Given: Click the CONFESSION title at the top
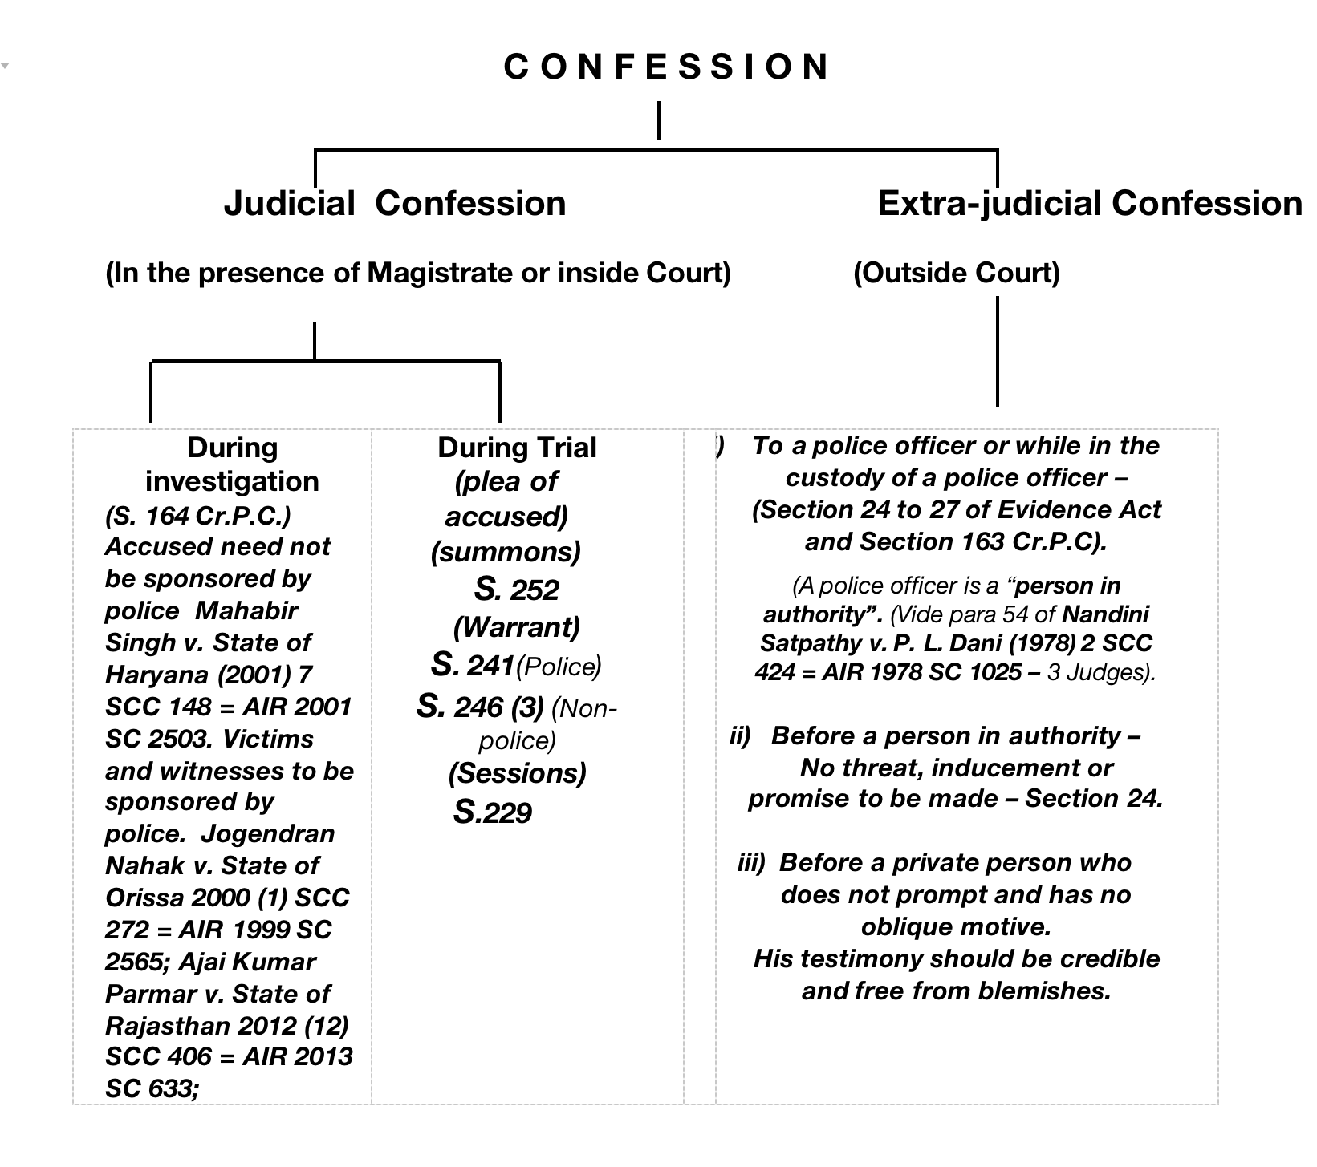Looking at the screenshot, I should click(666, 67).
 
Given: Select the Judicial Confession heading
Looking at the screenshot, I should click(394, 203).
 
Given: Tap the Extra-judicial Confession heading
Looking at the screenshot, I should click(1089, 203).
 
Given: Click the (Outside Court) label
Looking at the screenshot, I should click(956, 273).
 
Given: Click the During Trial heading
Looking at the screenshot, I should click(517, 448).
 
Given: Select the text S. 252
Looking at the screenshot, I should click(516, 590).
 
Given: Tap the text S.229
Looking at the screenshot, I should click(492, 812).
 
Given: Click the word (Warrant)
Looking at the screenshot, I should click(516, 627).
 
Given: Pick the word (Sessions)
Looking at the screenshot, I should click(517, 773).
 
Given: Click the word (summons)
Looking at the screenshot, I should click(506, 552).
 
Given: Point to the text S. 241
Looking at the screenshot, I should click(472, 665).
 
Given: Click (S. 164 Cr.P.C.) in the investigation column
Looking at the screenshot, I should click(197, 515).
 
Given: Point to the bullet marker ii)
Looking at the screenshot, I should click(739, 736).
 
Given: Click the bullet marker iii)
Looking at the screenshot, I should click(751, 863).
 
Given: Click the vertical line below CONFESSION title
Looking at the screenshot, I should click(659, 120).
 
